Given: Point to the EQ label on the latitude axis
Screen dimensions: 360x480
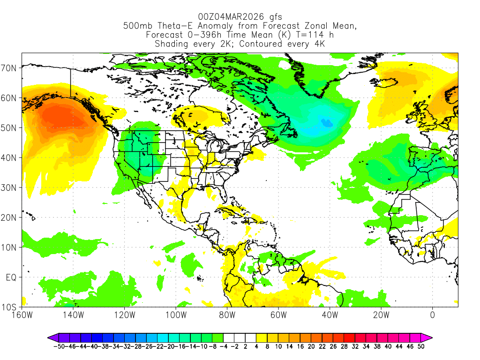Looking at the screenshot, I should pos(11,277).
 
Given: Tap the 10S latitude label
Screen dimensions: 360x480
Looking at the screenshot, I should pos(10,307).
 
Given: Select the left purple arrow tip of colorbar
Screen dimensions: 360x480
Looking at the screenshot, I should pos(49,337).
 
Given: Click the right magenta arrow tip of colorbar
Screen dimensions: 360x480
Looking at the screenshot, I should pos(431,337).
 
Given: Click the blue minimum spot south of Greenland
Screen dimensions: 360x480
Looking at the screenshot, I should pos(327,123).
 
